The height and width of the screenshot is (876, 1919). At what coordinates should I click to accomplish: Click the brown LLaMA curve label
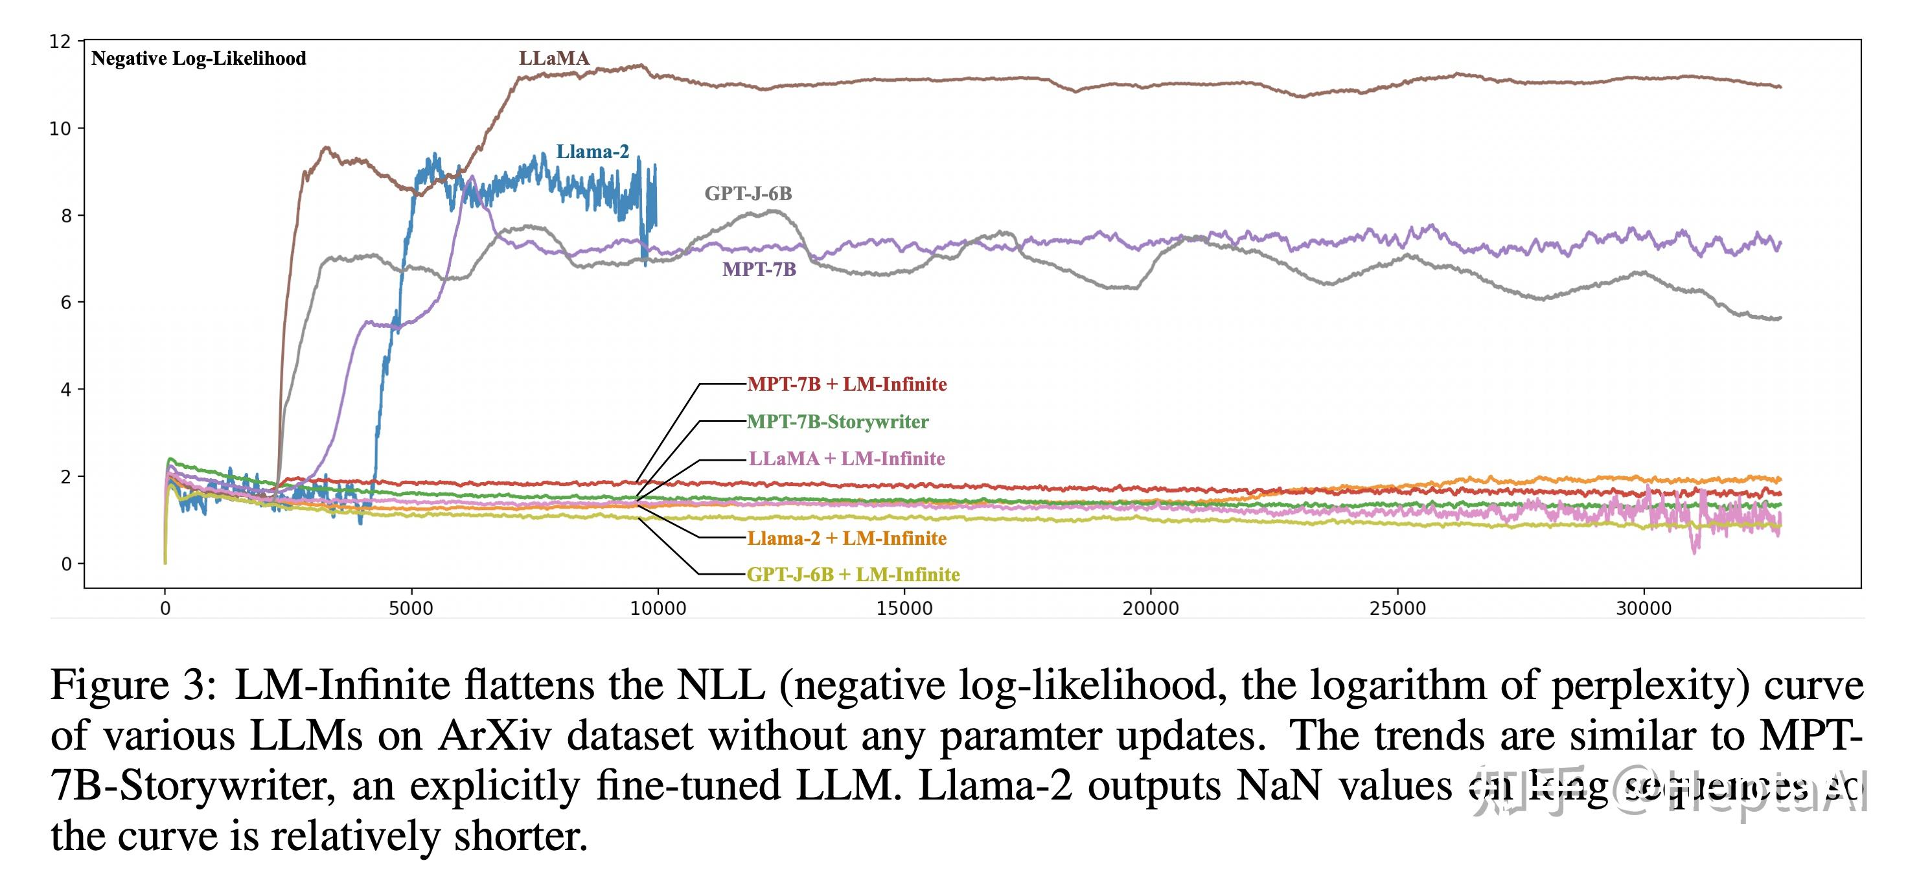coord(553,58)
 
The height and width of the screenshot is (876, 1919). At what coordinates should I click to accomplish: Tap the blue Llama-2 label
coord(592,152)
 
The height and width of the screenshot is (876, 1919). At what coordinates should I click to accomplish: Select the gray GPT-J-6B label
coord(748,194)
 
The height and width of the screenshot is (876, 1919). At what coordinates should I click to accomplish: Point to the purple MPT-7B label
coord(759,270)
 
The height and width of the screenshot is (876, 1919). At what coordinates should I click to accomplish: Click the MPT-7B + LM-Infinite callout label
coord(847,384)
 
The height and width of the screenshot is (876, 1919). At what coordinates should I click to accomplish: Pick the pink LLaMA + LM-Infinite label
coord(846,459)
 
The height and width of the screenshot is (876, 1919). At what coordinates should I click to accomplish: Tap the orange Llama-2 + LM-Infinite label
coord(846,538)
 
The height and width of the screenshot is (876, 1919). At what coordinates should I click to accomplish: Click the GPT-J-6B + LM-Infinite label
coord(853,574)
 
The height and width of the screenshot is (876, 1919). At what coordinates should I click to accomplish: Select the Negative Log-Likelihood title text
coord(198,59)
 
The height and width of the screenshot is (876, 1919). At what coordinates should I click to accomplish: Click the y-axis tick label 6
coord(65,303)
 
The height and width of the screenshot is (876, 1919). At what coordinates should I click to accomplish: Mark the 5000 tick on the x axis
coord(411,608)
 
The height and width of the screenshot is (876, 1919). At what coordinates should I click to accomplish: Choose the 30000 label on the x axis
coord(1644,608)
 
